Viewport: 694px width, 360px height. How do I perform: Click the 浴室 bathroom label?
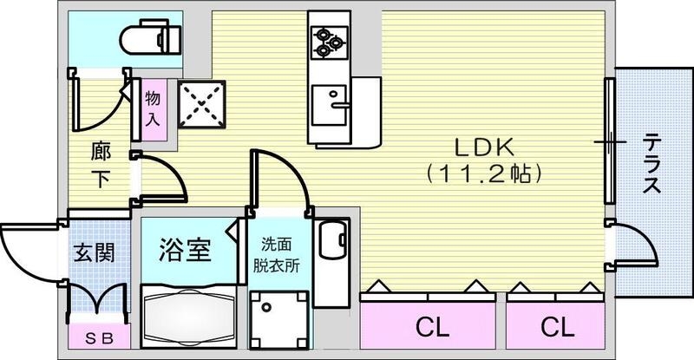click(x=185, y=252)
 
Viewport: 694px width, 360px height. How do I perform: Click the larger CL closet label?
click(x=430, y=327)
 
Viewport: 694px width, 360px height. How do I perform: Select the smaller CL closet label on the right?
click(x=558, y=327)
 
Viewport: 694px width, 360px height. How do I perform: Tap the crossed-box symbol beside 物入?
click(x=201, y=105)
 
